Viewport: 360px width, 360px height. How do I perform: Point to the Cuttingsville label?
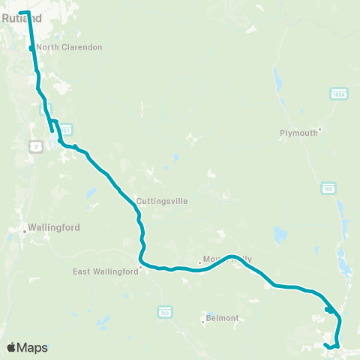click(x=162, y=201)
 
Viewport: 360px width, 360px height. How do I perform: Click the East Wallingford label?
click(x=106, y=272)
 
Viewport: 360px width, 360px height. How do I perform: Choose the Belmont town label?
click(x=223, y=318)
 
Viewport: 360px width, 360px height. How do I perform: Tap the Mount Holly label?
click(x=228, y=259)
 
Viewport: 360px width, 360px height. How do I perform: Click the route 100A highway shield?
click(x=339, y=93)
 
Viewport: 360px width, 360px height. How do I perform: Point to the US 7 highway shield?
click(x=35, y=147)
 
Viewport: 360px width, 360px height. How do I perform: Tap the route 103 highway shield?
click(x=65, y=130)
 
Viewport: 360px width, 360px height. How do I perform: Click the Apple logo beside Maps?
click(x=13, y=347)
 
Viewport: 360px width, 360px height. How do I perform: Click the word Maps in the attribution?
click(x=33, y=347)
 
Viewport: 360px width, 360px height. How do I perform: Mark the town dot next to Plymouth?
click(x=320, y=129)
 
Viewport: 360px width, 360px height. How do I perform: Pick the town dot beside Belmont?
click(x=203, y=322)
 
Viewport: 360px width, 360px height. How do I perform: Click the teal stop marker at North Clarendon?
click(x=31, y=49)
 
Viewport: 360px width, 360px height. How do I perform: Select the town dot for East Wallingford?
click(x=140, y=266)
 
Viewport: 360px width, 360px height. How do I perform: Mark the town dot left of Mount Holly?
click(x=199, y=262)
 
